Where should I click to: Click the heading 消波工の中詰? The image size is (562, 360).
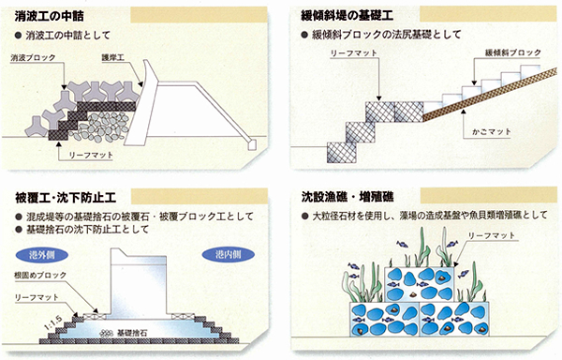point(49,17)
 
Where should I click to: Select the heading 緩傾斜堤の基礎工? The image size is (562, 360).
point(347,16)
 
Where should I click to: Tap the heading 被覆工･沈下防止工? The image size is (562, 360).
point(66,198)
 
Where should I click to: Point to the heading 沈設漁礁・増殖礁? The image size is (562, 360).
point(348,197)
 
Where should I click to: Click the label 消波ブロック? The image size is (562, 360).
point(33,58)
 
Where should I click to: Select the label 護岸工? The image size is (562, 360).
point(112,57)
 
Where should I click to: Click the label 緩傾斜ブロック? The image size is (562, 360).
point(513,52)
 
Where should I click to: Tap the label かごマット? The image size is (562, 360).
point(491,132)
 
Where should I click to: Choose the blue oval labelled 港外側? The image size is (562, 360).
point(42,255)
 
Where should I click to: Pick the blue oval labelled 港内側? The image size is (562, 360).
point(229,255)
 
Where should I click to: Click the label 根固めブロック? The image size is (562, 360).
point(40,276)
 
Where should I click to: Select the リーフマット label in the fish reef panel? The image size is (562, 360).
point(492,236)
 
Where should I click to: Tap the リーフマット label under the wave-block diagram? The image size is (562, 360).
point(91,156)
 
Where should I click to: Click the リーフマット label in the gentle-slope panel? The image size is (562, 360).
point(353,53)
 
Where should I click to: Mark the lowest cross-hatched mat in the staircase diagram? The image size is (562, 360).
point(342,153)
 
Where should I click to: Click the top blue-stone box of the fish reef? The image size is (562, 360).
point(420,284)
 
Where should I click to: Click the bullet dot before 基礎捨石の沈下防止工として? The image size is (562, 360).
point(19,230)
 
